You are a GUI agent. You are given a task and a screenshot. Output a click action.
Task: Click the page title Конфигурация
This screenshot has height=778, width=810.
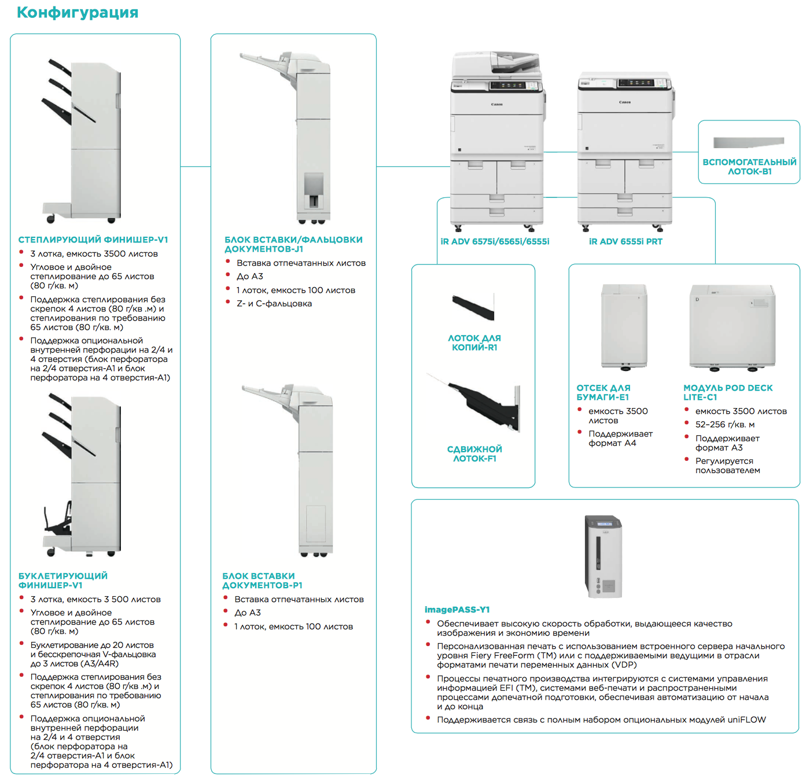point(78,12)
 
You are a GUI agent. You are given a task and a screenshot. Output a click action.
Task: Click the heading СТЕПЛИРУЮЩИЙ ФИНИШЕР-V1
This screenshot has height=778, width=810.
point(93,240)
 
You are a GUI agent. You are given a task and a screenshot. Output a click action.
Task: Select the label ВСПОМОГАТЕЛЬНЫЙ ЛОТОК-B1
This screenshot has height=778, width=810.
point(749,167)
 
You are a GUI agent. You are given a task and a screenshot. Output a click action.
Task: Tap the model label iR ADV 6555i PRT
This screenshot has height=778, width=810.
point(625,241)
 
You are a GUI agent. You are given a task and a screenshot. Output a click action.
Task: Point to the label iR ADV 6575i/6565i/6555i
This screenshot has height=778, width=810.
point(495,241)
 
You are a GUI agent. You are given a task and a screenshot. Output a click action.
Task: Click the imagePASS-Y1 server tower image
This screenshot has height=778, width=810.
point(603,556)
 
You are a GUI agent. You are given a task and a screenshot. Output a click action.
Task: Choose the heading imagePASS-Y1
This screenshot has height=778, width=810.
point(457,610)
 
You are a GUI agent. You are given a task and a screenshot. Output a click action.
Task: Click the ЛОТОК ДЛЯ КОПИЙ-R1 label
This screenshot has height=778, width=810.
point(474,343)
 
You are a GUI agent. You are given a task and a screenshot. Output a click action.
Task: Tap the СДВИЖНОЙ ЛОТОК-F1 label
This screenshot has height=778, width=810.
point(474,454)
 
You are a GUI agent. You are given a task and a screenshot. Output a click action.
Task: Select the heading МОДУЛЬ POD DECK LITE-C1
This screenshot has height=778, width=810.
point(728,392)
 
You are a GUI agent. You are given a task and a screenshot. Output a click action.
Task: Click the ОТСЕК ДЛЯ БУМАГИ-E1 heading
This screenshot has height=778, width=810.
point(603,392)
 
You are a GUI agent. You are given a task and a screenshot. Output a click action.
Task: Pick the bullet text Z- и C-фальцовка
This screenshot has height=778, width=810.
point(274,303)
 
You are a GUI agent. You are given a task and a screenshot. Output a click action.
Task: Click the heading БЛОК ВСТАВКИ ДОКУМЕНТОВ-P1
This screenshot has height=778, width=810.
point(262,581)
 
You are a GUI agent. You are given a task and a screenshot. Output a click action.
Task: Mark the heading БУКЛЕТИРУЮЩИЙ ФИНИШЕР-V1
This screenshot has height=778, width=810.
point(63,581)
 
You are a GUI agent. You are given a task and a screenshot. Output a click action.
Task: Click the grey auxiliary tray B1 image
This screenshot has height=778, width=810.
point(749,142)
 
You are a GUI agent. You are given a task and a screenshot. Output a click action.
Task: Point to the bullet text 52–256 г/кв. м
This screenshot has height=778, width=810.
point(725,424)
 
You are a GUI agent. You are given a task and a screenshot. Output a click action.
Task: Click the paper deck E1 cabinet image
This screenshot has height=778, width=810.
point(624,326)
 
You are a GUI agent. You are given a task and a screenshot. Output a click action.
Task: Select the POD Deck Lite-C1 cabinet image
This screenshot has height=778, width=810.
point(732,327)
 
